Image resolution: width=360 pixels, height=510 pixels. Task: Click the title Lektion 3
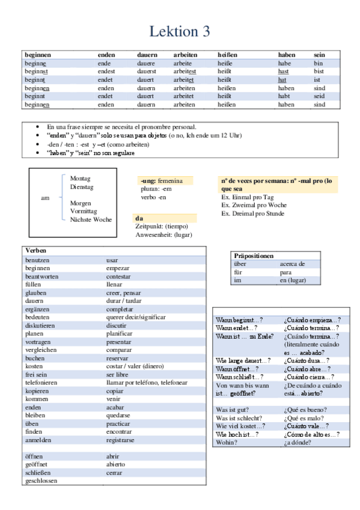coord(180,31)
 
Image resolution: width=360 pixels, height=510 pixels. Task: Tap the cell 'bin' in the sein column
coord(318,63)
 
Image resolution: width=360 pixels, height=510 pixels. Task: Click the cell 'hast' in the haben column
coord(283,71)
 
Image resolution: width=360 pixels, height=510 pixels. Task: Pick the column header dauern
coord(147,55)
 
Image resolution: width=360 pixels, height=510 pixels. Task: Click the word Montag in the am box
coord(81,179)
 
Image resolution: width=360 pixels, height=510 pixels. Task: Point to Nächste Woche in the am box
coord(91,220)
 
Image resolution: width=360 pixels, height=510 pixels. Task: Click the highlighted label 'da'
coord(139,218)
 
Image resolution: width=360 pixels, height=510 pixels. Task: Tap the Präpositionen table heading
coord(254,256)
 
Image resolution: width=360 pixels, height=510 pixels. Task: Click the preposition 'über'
coord(240,263)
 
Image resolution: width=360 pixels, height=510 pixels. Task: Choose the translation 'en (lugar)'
coord(293,280)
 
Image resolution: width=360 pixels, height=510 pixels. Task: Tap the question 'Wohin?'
coord(226,442)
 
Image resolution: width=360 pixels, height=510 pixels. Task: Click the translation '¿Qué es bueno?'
coord(304,409)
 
